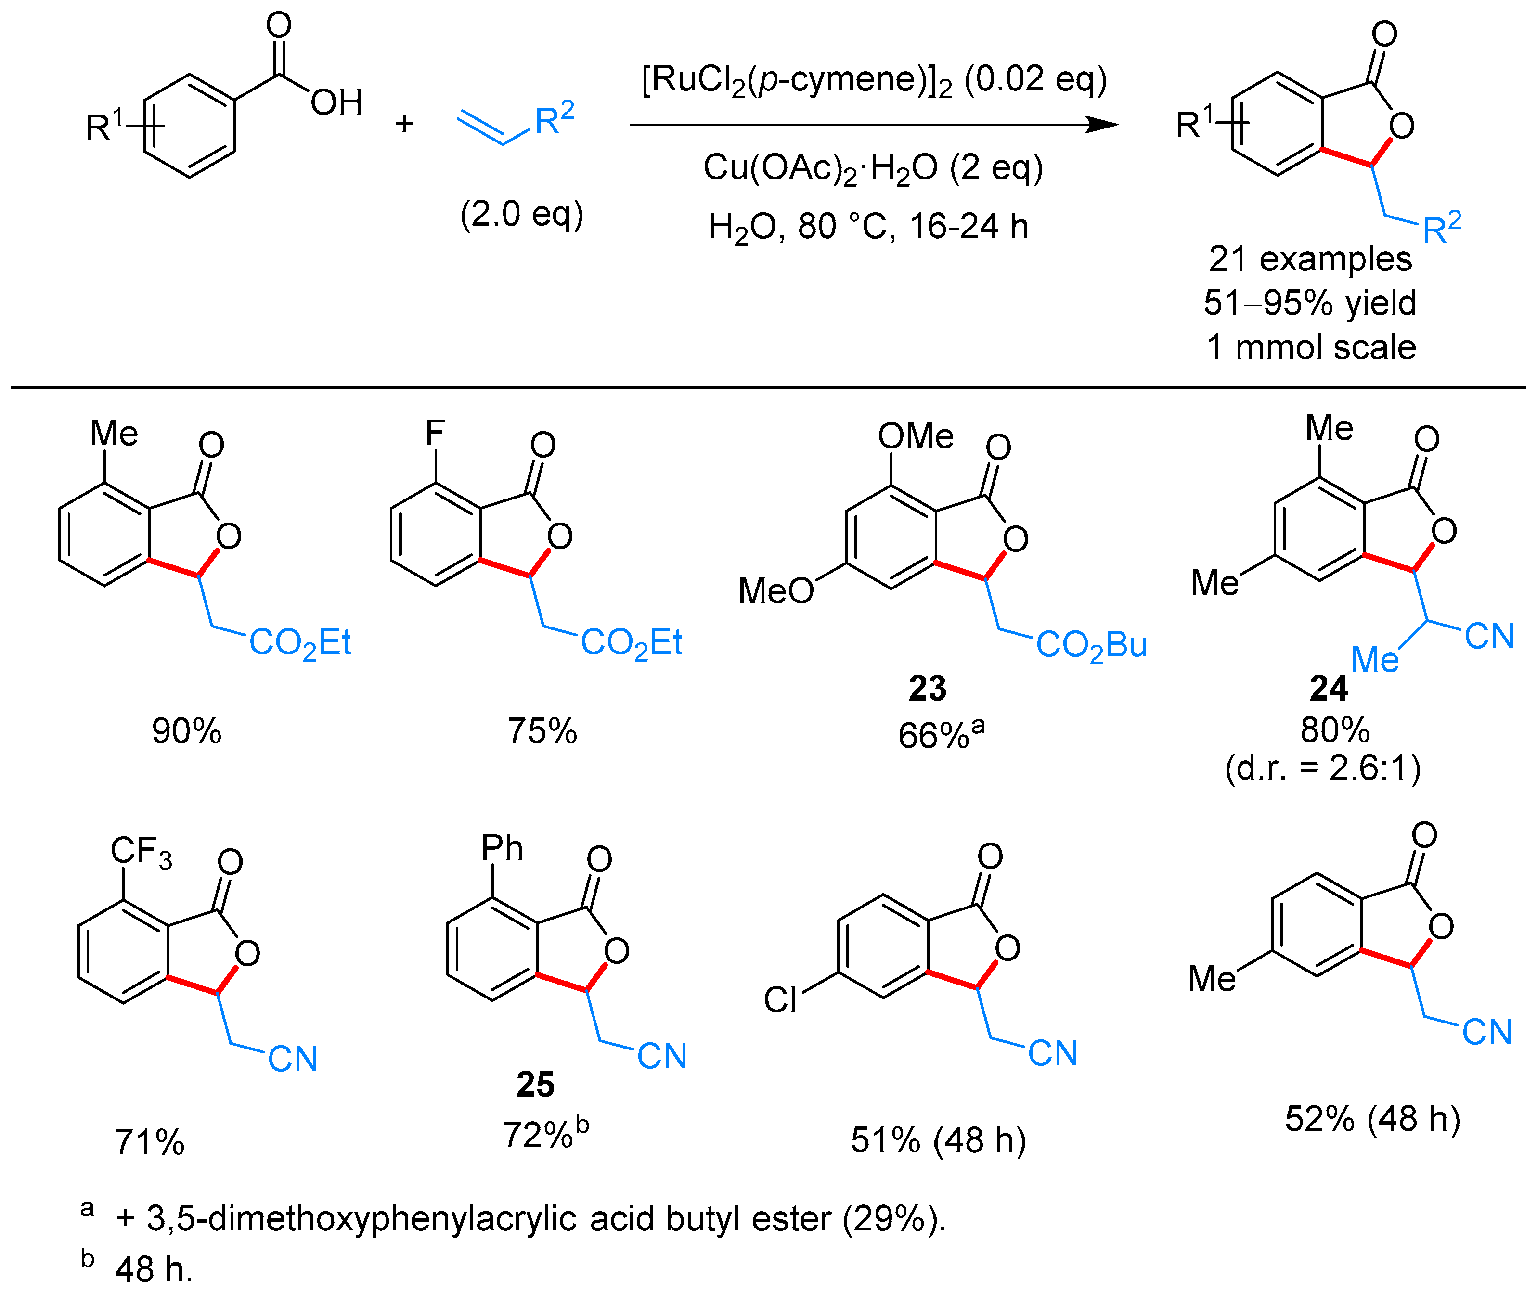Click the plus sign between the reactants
point(404,123)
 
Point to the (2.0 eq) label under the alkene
point(522,214)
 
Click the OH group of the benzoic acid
point(336,102)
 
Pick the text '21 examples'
point(1310,258)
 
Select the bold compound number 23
point(928,689)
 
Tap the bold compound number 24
point(1328,689)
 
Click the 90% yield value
point(186,731)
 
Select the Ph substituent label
point(502,848)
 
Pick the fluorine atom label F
point(435,432)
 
